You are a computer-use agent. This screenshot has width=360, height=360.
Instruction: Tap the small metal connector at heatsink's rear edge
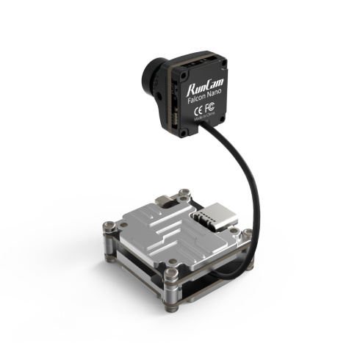point(162,198)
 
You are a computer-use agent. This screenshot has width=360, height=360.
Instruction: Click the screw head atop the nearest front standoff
point(171,273)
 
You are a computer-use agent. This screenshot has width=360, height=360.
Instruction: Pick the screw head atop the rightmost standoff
point(247,234)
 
